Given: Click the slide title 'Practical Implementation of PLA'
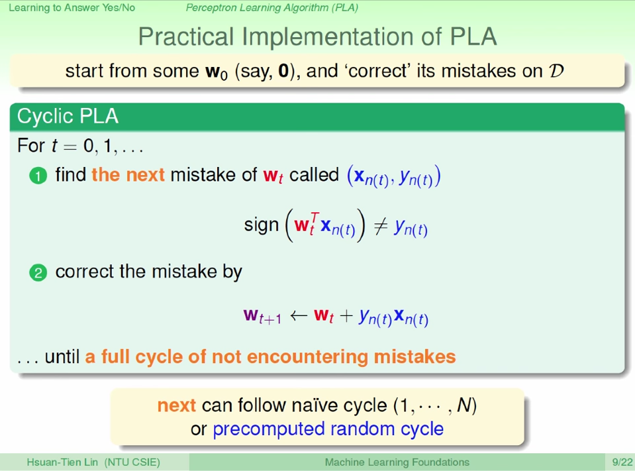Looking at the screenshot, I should click(x=317, y=36).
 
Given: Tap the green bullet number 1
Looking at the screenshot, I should click(x=38, y=176).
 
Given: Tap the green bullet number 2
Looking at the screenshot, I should click(x=38, y=273).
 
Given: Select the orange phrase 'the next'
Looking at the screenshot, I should click(x=128, y=175).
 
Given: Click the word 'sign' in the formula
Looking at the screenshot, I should click(x=262, y=225).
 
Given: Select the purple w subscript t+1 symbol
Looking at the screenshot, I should click(x=262, y=316).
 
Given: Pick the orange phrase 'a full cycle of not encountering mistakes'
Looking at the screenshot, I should click(x=270, y=357).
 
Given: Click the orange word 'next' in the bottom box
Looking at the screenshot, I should click(x=176, y=405).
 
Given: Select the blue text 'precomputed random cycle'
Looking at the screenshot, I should click(x=328, y=429).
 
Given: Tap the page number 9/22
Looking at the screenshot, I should click(x=622, y=462).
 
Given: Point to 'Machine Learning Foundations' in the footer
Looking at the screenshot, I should click(x=397, y=462).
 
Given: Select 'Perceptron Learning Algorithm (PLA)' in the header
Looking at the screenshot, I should click(x=271, y=8).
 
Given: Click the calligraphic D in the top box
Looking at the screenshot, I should click(x=556, y=71).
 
